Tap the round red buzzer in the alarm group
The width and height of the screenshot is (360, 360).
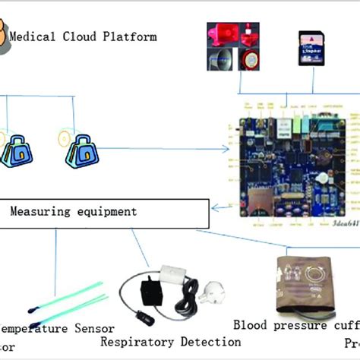point(249,61)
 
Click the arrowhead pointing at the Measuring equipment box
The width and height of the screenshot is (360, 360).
point(216,207)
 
